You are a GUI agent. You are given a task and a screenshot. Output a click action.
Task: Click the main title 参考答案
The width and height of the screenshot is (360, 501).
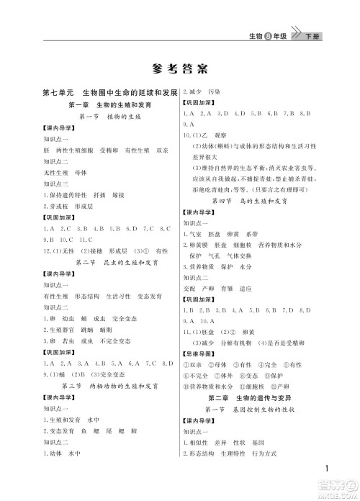(x=179, y=70)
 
